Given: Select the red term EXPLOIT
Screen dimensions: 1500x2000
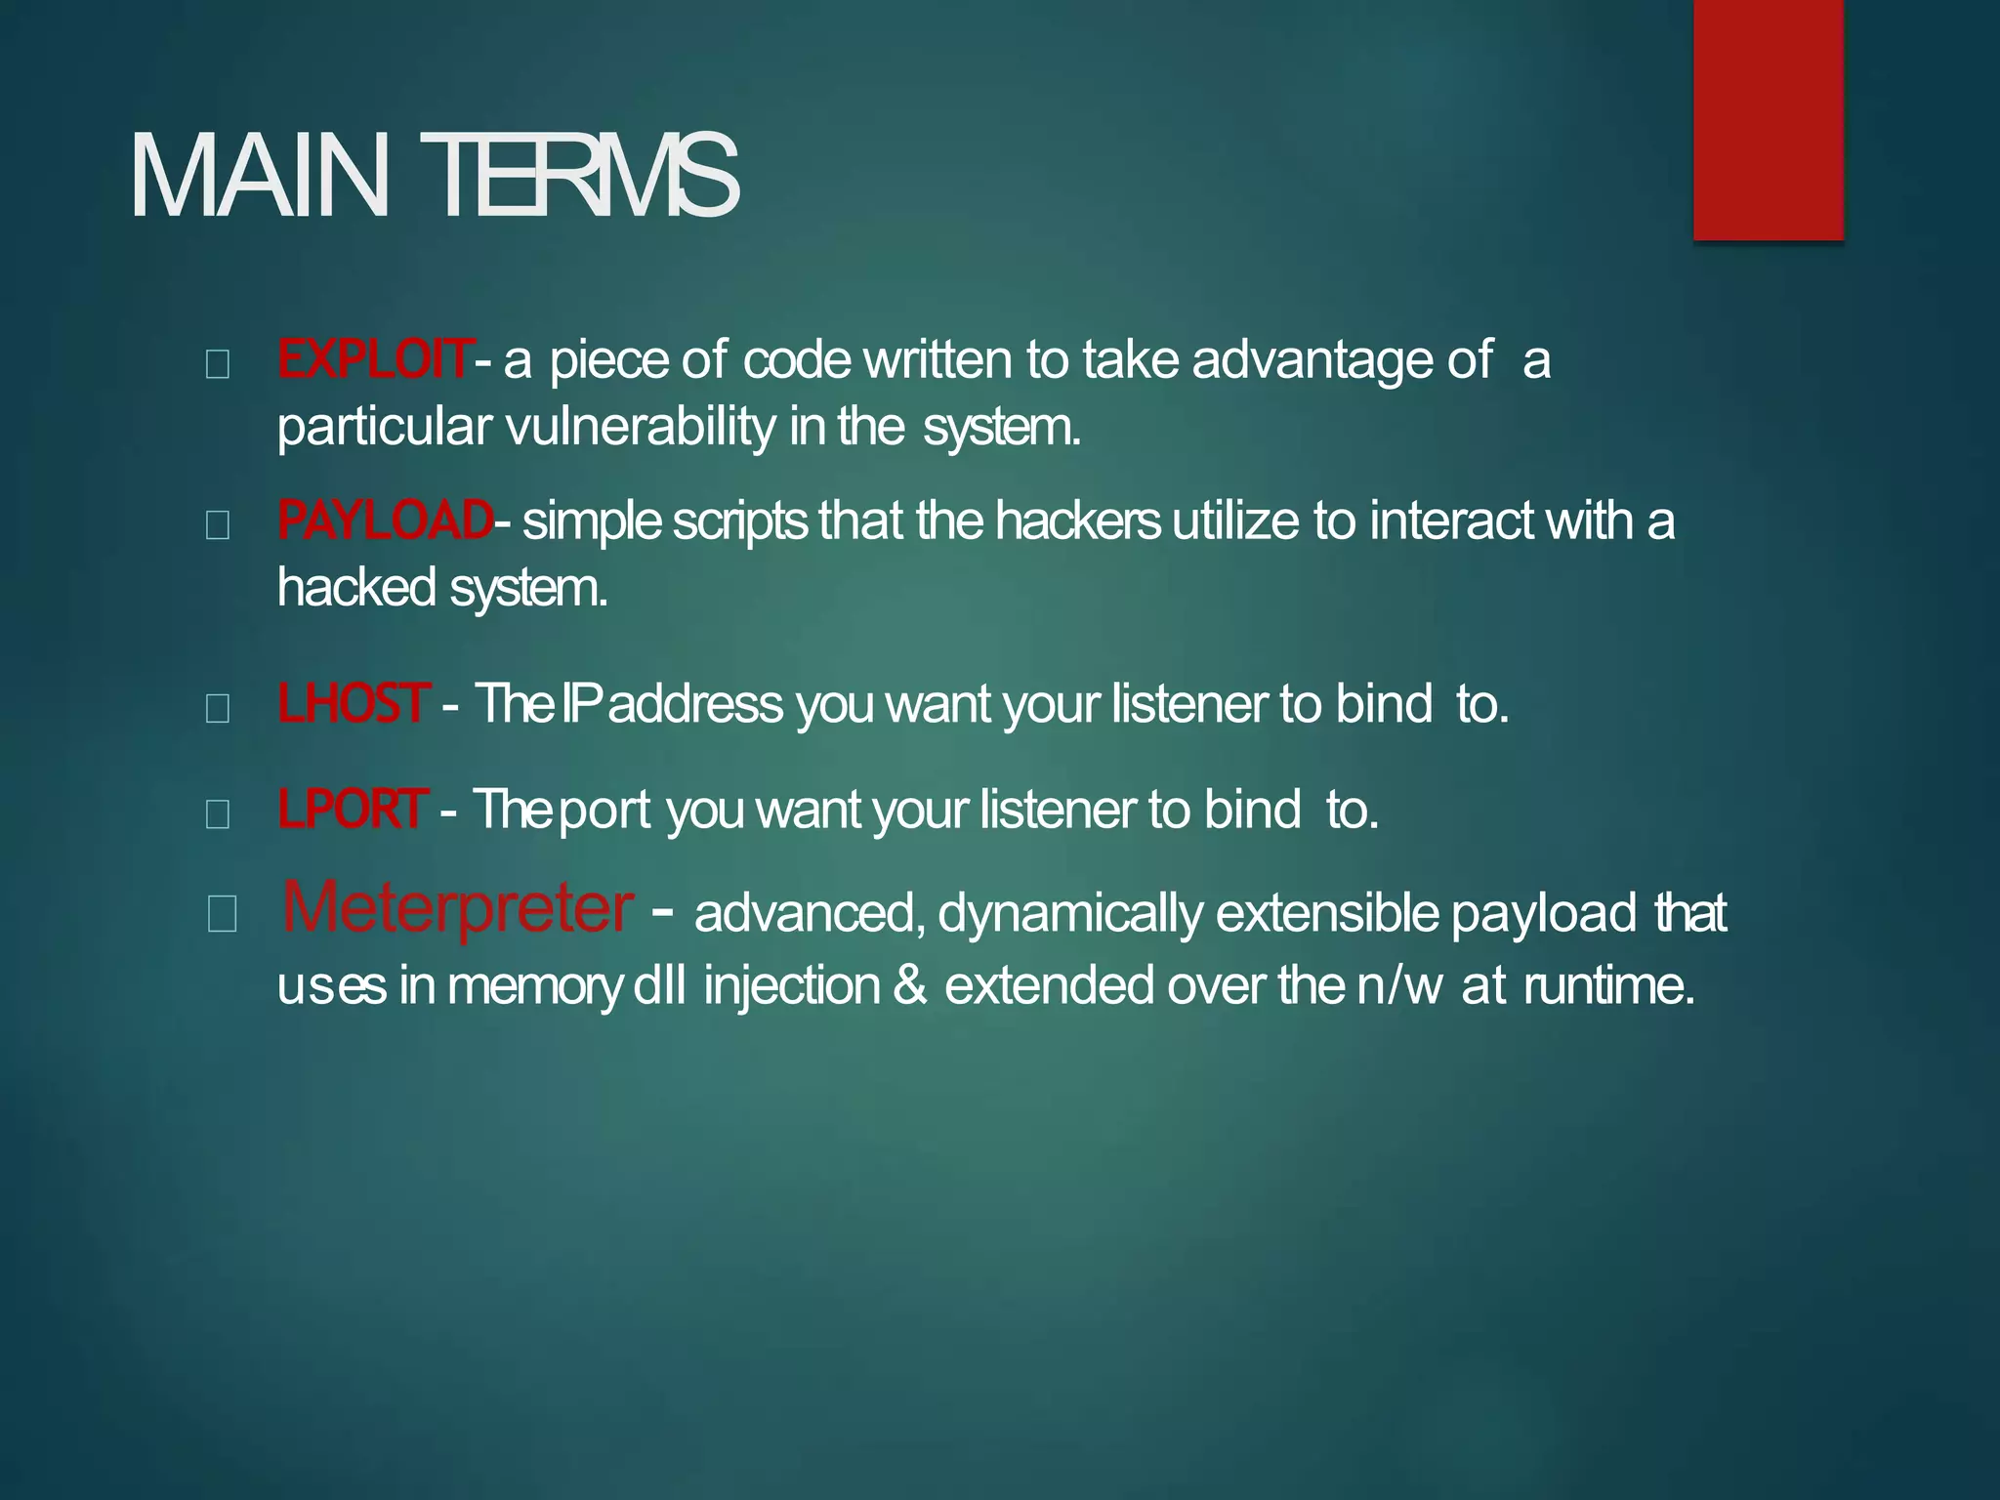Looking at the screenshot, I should pos(375,359).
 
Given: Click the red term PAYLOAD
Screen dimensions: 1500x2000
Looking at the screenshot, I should pos(385,520).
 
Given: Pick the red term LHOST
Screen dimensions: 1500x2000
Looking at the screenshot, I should pos(353,703).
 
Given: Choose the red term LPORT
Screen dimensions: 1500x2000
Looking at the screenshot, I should pos(352,809).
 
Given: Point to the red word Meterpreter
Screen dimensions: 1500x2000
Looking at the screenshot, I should pos(457,908).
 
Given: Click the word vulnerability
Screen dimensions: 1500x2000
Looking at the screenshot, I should pos(641,428).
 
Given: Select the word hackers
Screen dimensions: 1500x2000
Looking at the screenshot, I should pos(1078,520).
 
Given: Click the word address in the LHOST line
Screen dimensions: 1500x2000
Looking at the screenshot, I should pos(694,704).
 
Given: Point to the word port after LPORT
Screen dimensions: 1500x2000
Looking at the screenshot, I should pos(605,810).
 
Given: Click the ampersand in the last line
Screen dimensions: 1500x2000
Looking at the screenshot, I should pos(910,984).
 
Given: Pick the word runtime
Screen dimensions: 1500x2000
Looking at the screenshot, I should pos(1608,984).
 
